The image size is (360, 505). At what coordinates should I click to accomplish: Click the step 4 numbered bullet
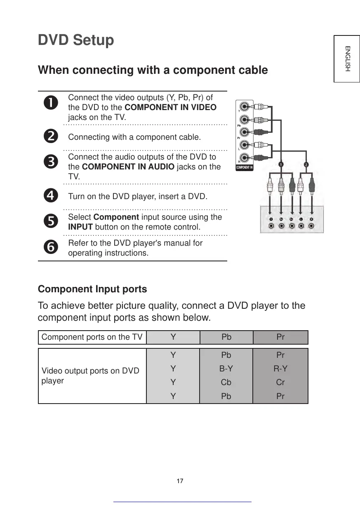pyautogui.click(x=52, y=196)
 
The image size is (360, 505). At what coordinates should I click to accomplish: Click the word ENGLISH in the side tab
pyautogui.click(x=347, y=59)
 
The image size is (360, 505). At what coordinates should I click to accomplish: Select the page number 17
pyautogui.click(x=180, y=481)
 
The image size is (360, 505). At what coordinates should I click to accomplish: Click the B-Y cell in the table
pyautogui.click(x=226, y=369)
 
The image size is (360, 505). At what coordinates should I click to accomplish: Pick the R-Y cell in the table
pyautogui.click(x=280, y=369)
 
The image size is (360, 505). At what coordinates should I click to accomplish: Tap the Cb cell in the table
pyautogui.click(x=226, y=382)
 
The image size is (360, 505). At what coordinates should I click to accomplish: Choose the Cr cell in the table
pyautogui.click(x=280, y=382)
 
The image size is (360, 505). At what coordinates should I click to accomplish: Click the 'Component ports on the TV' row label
pyautogui.click(x=92, y=337)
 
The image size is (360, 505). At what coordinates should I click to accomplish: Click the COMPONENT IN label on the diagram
pyautogui.click(x=244, y=167)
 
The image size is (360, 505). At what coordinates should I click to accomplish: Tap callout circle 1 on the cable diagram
pyautogui.click(x=281, y=164)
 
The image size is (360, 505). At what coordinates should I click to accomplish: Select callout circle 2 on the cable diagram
pyautogui.click(x=306, y=164)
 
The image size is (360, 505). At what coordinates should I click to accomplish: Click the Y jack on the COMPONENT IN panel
pyautogui.click(x=245, y=107)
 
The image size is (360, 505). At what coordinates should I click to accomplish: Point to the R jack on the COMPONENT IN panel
pyautogui.click(x=245, y=157)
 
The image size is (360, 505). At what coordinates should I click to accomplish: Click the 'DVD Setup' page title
pyautogui.click(x=76, y=40)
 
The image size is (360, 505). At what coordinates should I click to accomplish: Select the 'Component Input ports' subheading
pyautogui.click(x=92, y=289)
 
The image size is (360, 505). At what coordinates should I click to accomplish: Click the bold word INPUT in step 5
pyautogui.click(x=80, y=227)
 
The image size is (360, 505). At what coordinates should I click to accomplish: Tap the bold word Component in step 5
pyautogui.click(x=116, y=217)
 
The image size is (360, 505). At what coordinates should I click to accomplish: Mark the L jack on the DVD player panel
pyautogui.click(x=301, y=225)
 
